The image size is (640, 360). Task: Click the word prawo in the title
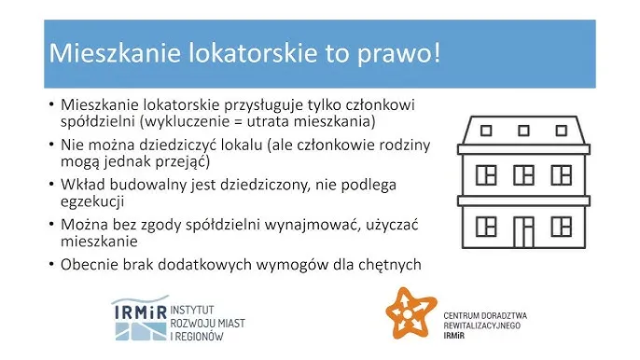pyautogui.click(x=400, y=52)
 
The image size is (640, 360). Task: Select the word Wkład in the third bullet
pyautogui.click(x=82, y=184)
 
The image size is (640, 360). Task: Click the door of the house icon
pyautogui.click(x=524, y=234)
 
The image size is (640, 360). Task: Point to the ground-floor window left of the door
pyautogui.click(x=486, y=226)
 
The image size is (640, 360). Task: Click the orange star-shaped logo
pyautogui.click(x=411, y=317)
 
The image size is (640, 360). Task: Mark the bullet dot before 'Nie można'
pyautogui.click(x=50, y=145)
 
